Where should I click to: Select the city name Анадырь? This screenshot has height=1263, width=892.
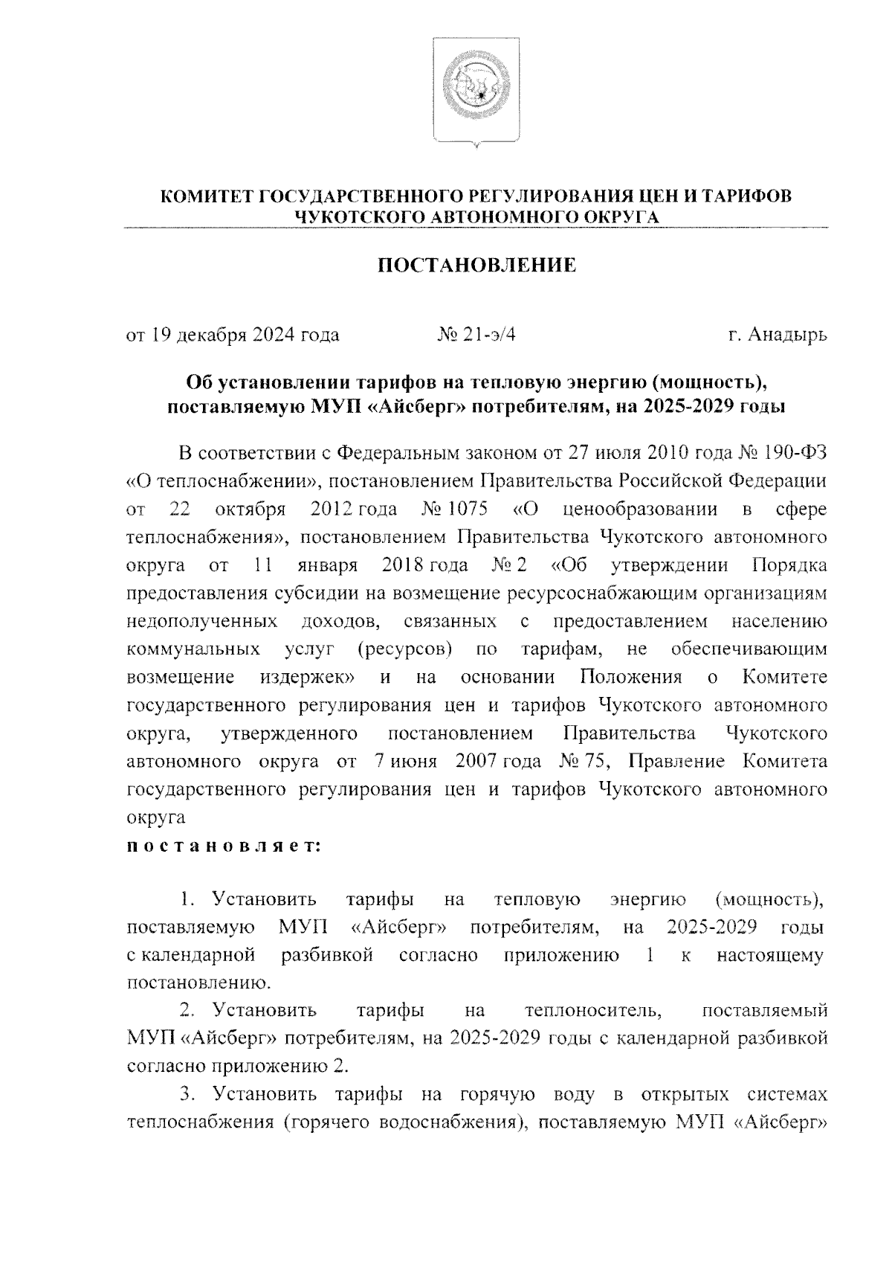point(786,335)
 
